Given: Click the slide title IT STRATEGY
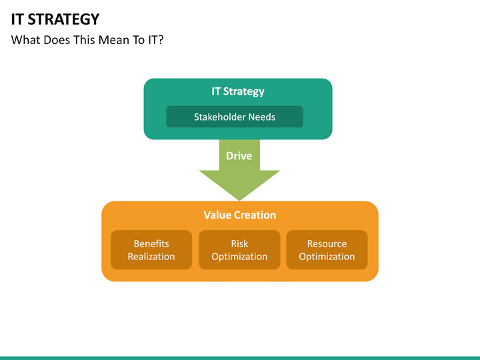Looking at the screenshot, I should pos(55,19).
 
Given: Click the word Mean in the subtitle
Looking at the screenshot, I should pos(113,40).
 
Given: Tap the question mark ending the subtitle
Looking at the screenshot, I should pos(161,40).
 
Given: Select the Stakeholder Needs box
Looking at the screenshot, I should pos(235,117).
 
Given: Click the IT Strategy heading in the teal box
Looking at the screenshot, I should pos(238,91).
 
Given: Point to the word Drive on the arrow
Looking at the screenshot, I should pos(239,155).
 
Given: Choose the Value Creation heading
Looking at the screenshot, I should pos(239,215).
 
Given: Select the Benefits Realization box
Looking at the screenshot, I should pos(151,250).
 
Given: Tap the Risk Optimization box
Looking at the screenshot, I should pos(239,250).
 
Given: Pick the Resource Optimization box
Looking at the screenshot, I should pos(327,250).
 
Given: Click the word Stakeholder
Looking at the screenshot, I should pos(219,117).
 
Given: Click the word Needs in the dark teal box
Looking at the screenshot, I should pos(261,117).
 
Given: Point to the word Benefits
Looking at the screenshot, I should pos(151,244).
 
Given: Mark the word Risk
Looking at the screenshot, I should pos(239,244).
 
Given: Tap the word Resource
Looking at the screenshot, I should pos(327,244).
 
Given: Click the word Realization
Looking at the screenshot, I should pos(151,257).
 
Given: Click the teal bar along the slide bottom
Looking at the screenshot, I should pos(240,357).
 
